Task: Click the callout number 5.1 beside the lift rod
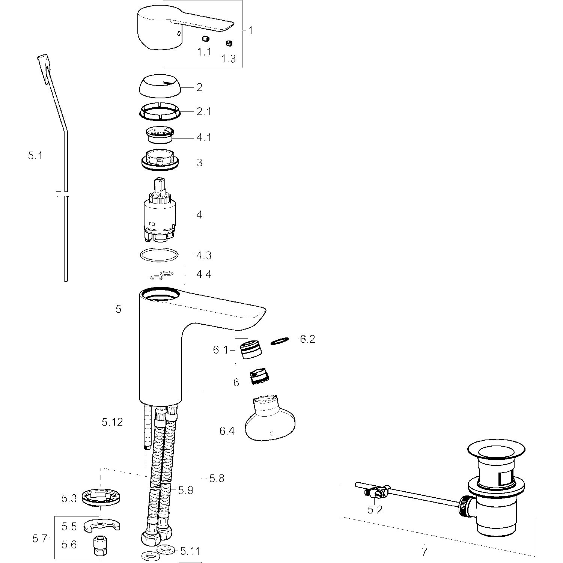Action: (x=35, y=155)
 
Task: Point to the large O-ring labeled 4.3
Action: (x=159, y=255)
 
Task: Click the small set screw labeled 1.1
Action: (x=205, y=39)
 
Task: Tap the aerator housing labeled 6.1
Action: (x=250, y=349)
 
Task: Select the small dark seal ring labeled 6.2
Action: (x=280, y=341)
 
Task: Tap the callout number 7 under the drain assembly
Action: (x=425, y=552)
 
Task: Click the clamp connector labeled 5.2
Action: (x=375, y=493)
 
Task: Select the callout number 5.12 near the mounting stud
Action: (x=112, y=422)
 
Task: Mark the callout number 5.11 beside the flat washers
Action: (x=190, y=551)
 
